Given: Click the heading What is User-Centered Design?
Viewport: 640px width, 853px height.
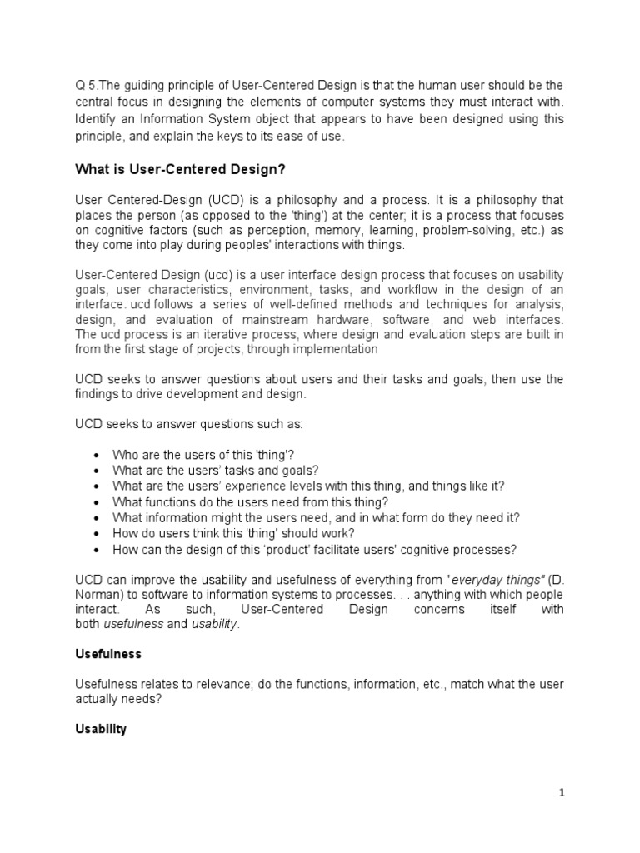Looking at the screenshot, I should (180, 169).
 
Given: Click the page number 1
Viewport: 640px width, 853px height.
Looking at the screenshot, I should (562, 793).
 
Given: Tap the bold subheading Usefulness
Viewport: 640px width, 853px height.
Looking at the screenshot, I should (108, 654).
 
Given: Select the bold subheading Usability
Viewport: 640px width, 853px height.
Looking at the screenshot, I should (101, 729).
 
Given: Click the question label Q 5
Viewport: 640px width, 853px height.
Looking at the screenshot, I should (86, 85).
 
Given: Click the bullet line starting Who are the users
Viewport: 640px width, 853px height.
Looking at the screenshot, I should (204, 455).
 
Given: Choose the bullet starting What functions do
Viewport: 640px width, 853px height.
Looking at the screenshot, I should (250, 502).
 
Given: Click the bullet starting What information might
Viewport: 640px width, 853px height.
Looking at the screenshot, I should (316, 518).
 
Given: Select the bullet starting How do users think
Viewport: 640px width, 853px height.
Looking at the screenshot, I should (233, 534).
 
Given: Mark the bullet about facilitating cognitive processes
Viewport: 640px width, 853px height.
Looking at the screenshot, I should (315, 550).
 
